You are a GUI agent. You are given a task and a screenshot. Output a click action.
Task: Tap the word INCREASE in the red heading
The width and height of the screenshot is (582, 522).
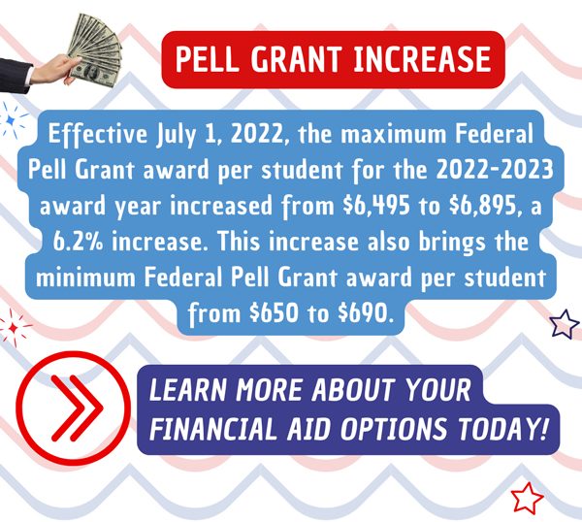tap(422, 59)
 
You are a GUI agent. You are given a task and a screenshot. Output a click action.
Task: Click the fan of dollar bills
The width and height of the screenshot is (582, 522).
tap(96, 50)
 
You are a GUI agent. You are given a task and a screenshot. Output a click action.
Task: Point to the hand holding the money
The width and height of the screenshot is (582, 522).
tap(55, 70)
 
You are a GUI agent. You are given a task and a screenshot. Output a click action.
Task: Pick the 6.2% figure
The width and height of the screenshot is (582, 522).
tap(80, 242)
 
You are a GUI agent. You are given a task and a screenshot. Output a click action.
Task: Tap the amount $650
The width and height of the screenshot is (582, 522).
tap(274, 313)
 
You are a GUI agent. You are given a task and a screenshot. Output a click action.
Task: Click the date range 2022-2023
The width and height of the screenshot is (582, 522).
tap(495, 170)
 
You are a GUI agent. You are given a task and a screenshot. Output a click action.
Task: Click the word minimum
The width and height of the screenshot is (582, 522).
tap(85, 277)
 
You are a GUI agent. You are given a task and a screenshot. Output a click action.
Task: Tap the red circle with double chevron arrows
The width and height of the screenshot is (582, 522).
tap(74, 408)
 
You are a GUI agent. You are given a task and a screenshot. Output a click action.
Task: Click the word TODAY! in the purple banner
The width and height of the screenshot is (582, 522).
tap(502, 429)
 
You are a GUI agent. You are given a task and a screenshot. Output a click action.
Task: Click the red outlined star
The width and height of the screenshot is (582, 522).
tap(527, 499)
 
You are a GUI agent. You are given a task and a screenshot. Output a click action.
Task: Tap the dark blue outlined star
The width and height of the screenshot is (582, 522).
tap(565, 324)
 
